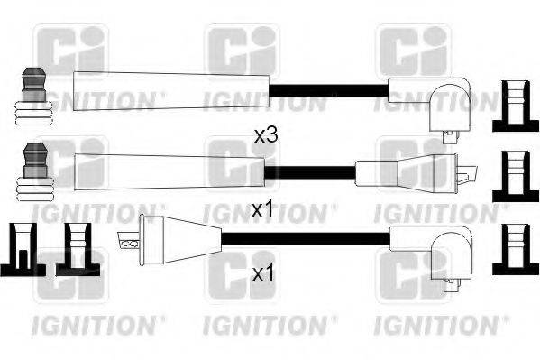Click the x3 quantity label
click(x=264, y=135)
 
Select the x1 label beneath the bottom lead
click(x=261, y=272)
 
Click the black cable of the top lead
click(x=328, y=89)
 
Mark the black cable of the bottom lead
click(x=307, y=239)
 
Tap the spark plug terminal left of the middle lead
click(x=33, y=171)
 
